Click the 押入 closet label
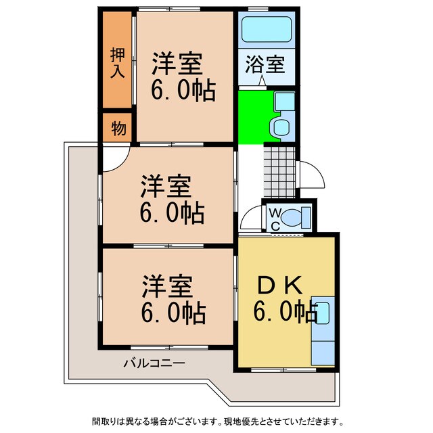118,62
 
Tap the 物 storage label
118,129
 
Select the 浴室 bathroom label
265,67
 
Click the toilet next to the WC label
295,218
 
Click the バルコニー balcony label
154,363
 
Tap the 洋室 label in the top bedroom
177,64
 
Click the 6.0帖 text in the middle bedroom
172,214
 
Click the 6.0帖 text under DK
285,313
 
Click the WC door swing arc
250,220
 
